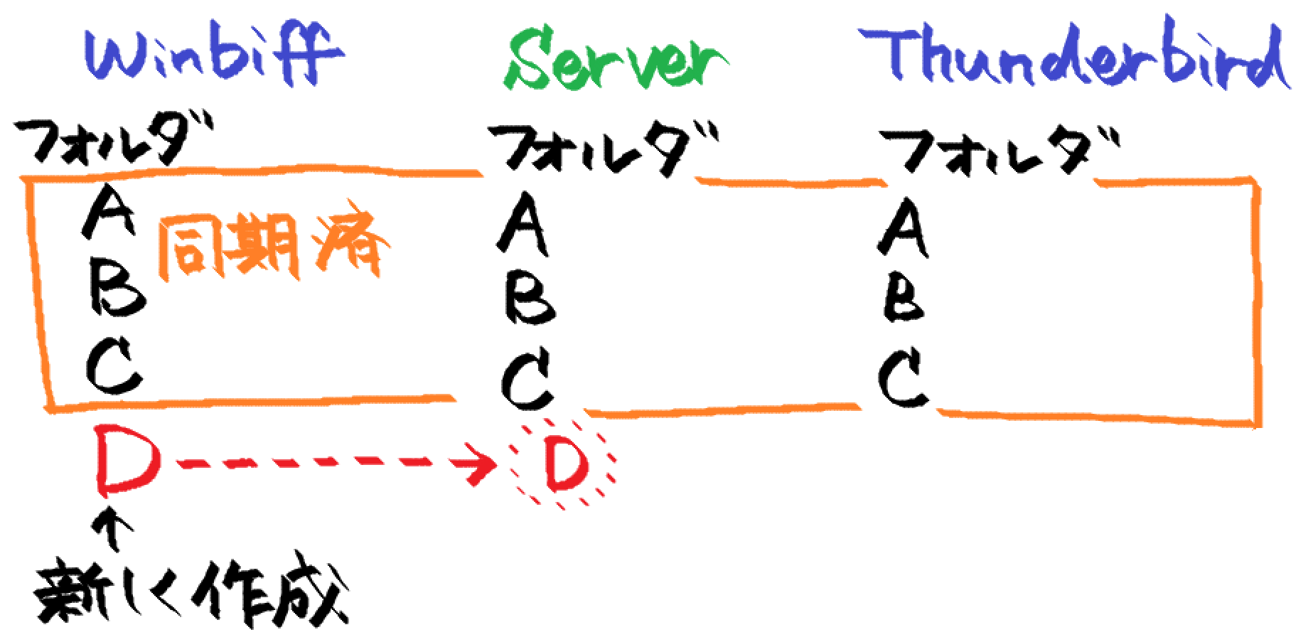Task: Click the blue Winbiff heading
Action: pyautogui.click(x=213, y=53)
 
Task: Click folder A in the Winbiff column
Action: pyautogui.click(x=108, y=211)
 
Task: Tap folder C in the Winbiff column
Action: pyautogui.click(x=114, y=365)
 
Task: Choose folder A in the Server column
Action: pyautogui.click(x=523, y=224)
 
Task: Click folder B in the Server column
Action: pyautogui.click(x=530, y=299)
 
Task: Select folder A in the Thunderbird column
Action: pyautogui.click(x=903, y=228)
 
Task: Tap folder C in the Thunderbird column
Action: pyautogui.click(x=903, y=378)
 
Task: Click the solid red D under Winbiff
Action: pyautogui.click(x=127, y=461)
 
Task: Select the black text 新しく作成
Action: pyautogui.click(x=192, y=594)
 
